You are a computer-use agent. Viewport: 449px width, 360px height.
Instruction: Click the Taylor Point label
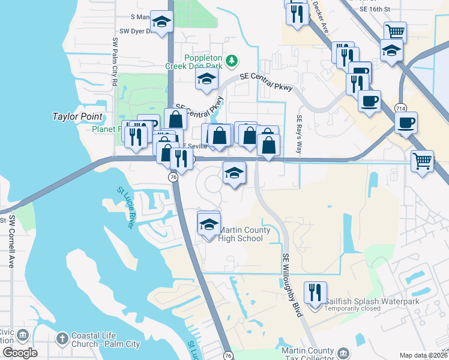[x=78, y=116]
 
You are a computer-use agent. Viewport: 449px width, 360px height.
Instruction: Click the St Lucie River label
[x=125, y=208]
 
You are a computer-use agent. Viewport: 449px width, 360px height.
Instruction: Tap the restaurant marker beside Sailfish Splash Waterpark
[x=315, y=293]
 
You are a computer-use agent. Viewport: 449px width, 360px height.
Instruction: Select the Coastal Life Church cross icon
[x=62, y=339]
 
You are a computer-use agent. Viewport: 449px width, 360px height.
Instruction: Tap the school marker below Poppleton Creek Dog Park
[x=206, y=79]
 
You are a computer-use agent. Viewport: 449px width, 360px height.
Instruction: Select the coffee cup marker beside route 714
[x=406, y=123]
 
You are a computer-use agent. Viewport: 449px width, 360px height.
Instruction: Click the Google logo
[x=20, y=353]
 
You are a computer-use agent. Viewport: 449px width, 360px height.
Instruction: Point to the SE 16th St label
[x=376, y=9]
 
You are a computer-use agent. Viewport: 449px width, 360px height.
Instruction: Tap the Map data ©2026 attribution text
[x=423, y=355]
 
